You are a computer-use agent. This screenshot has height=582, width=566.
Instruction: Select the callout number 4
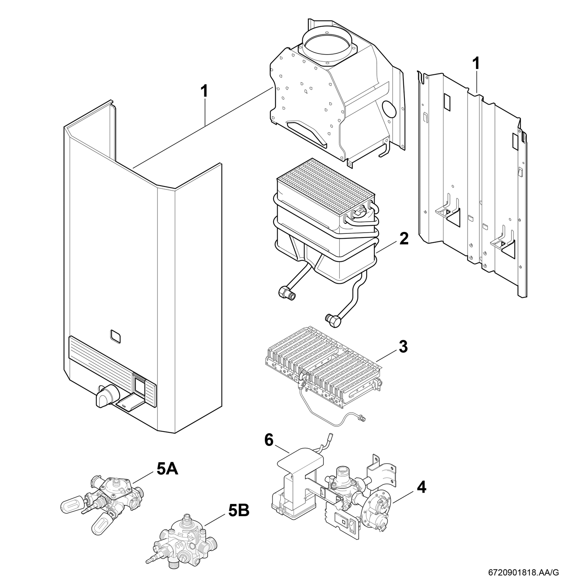tap(421, 487)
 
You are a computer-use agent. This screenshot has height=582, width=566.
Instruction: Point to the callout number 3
tap(403, 347)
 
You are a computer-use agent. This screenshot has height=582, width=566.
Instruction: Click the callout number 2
tap(404, 239)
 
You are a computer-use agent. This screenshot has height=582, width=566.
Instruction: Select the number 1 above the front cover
tap(204, 91)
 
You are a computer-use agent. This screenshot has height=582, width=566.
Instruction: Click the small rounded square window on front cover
tap(116, 336)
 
